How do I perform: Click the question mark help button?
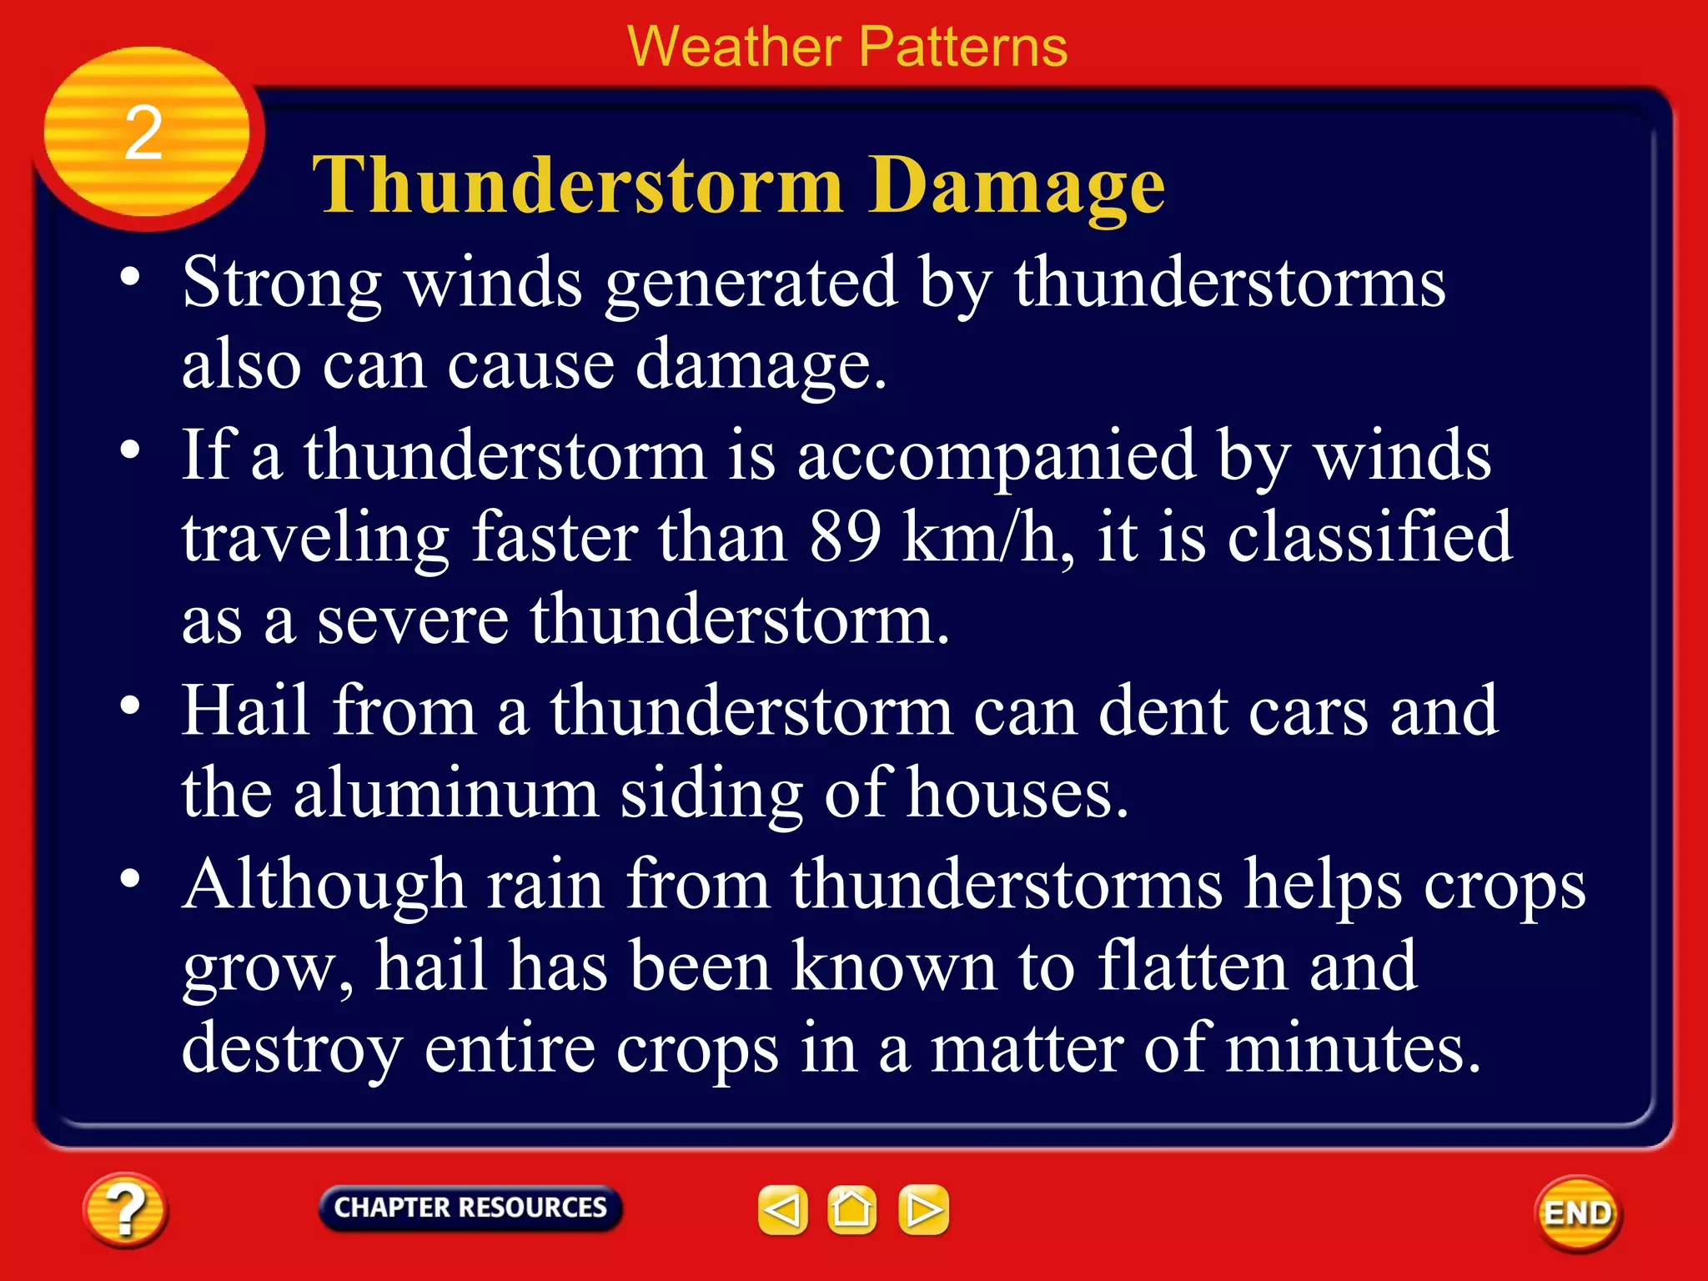click(x=125, y=1210)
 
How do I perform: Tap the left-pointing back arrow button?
click(x=782, y=1209)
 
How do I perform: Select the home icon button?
click(x=851, y=1209)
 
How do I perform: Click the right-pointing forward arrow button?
click(x=923, y=1209)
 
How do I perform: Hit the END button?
click(x=1577, y=1213)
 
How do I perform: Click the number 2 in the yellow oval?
click(x=143, y=133)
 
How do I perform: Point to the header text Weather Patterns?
click(x=847, y=47)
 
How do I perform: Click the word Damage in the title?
click(x=1016, y=187)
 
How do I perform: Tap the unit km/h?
click(x=987, y=538)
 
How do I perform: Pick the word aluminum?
click(x=445, y=793)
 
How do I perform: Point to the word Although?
click(x=324, y=886)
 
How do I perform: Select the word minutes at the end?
click(x=1351, y=1048)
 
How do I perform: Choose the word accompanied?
click(x=997, y=457)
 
